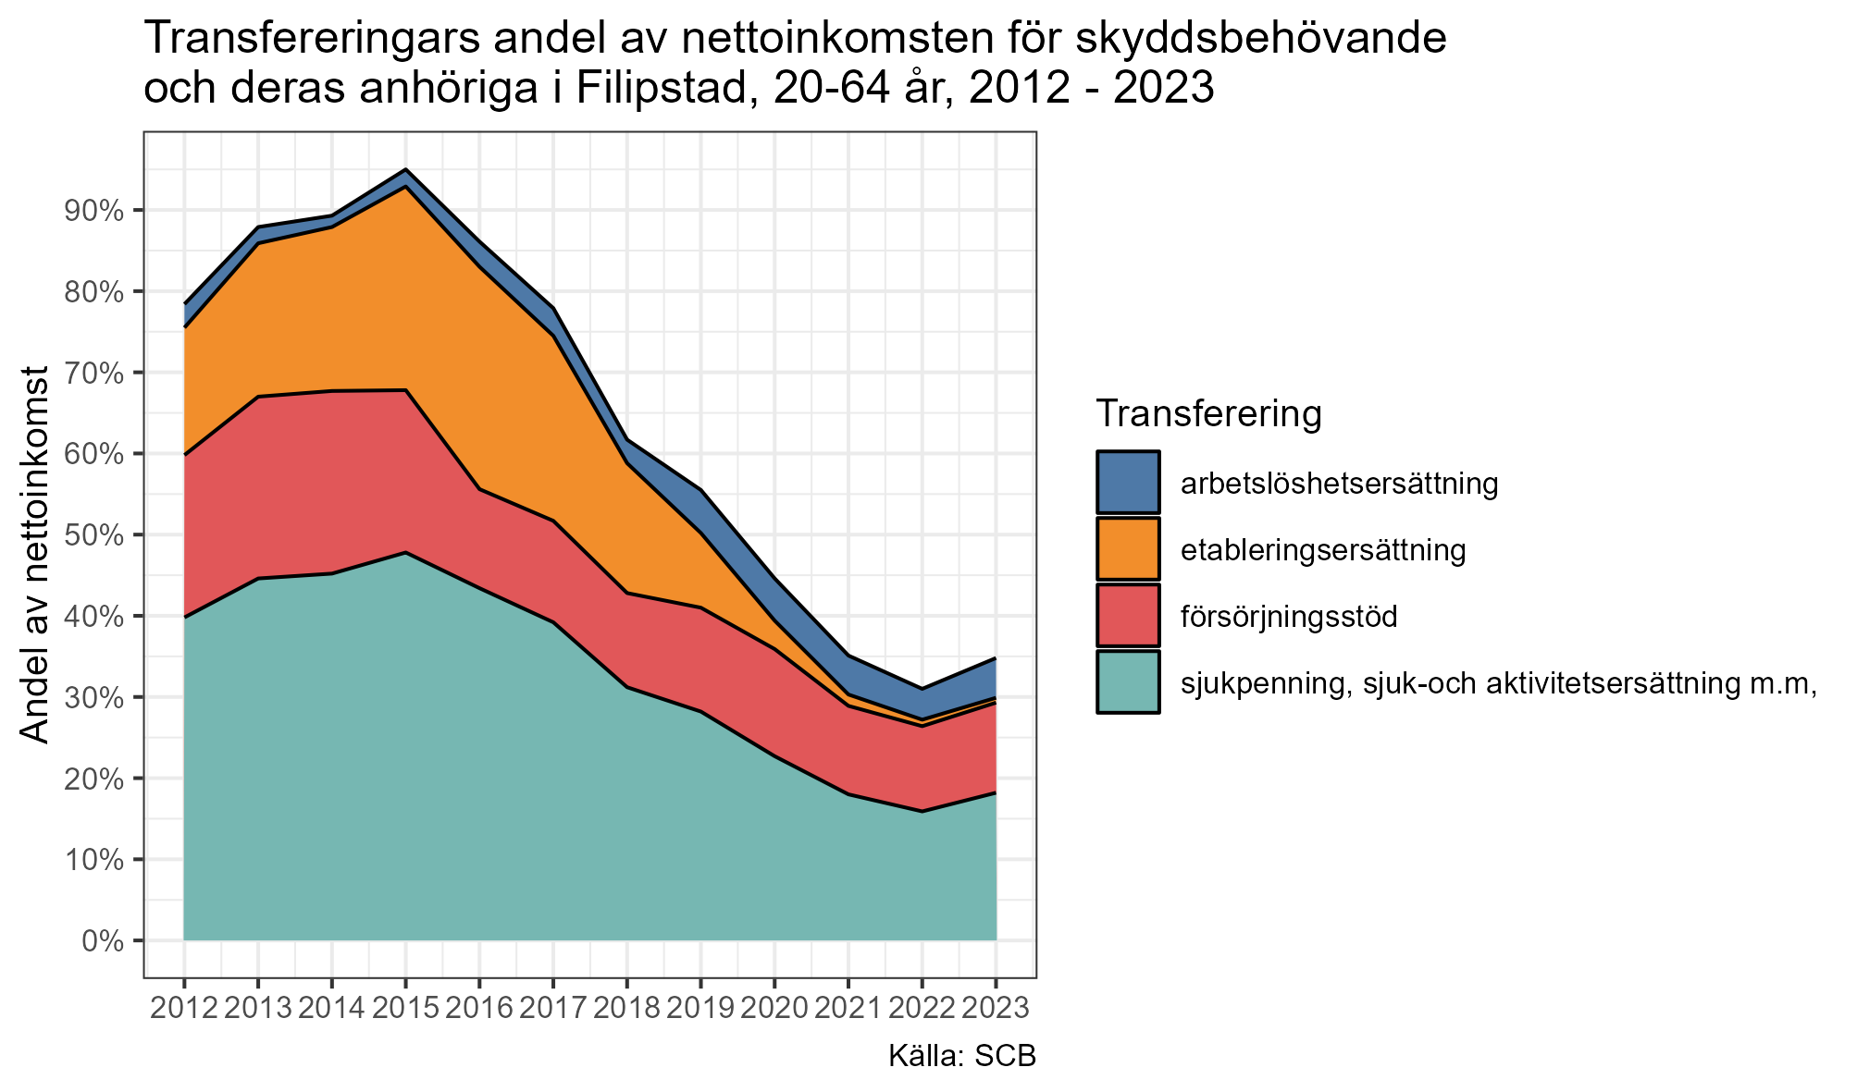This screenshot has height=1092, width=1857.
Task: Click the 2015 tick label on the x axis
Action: pos(405,1007)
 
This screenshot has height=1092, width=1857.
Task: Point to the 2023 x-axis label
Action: pos(996,1007)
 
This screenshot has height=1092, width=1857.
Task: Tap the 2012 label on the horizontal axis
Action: pos(184,1007)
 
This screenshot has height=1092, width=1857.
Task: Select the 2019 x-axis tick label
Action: pos(700,1007)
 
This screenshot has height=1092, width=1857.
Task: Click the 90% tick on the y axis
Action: pos(93,211)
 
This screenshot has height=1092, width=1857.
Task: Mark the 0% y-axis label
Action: pos(103,941)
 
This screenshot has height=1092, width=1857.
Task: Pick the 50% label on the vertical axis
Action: pos(93,535)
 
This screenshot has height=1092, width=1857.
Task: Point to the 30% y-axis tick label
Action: pos(93,697)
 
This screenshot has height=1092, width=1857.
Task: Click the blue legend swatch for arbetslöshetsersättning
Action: pos(1128,482)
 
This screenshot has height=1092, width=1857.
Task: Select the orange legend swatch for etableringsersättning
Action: pos(1128,549)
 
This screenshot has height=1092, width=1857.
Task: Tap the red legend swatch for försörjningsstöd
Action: pos(1128,616)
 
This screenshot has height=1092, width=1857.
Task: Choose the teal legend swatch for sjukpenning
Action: pos(1128,682)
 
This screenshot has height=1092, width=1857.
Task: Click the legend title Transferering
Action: pos(1207,413)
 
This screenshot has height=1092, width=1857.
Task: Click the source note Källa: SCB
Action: pos(962,1057)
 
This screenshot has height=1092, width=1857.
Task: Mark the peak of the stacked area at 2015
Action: pos(405,169)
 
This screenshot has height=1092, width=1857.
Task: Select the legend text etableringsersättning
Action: pos(1323,550)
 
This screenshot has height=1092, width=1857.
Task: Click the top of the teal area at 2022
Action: pos(922,811)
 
